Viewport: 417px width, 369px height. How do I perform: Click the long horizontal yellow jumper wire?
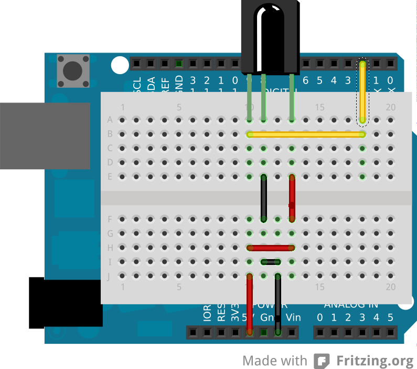pyautogui.click(x=306, y=135)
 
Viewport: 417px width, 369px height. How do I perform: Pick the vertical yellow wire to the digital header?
pyautogui.click(x=362, y=93)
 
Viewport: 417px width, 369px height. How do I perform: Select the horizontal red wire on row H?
pyautogui.click(x=271, y=247)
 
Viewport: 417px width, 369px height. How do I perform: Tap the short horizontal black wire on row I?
pyautogui.click(x=271, y=261)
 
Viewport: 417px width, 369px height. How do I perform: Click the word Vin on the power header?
pyautogui.click(x=293, y=317)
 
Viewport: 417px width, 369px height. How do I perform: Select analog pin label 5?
pyautogui.click(x=390, y=317)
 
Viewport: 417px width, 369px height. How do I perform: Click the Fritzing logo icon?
pyautogui.click(x=322, y=361)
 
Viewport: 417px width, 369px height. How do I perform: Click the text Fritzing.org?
pyautogui.click(x=375, y=361)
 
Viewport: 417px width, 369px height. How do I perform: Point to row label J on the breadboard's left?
pyautogui.click(x=110, y=275)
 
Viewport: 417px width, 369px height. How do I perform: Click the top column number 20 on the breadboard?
pyautogui.click(x=390, y=107)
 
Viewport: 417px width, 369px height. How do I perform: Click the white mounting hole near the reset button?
pyautogui.click(x=120, y=65)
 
